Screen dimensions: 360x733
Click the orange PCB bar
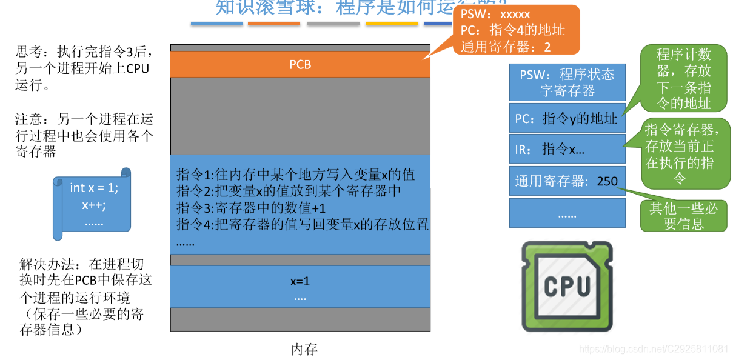(x=300, y=64)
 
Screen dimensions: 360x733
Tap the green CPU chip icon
(x=567, y=286)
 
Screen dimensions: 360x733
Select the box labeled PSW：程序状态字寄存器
(x=567, y=83)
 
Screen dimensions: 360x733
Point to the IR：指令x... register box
(x=567, y=149)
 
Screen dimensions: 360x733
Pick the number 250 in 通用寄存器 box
(x=607, y=181)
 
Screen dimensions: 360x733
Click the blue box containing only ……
(x=567, y=213)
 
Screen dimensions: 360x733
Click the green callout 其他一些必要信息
(x=683, y=216)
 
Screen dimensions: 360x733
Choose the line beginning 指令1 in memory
(x=295, y=175)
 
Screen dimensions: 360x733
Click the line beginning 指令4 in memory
(x=302, y=224)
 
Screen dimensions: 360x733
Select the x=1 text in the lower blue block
(x=300, y=282)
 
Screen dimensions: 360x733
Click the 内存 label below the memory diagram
(x=304, y=349)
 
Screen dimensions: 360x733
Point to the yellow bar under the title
(x=392, y=24)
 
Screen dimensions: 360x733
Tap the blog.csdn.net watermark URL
(x=654, y=349)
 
